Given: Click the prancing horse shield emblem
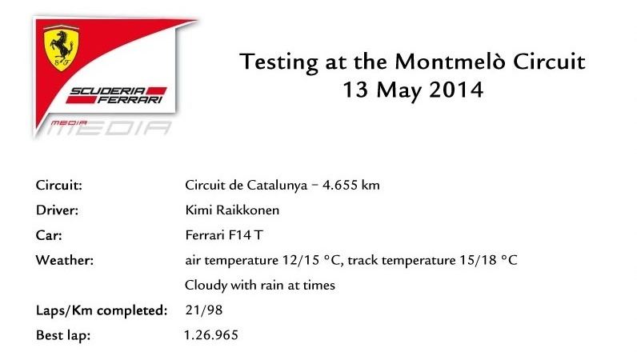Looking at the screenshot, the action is [61, 48].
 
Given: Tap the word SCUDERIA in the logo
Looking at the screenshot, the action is [108, 91].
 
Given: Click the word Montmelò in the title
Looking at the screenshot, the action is [450, 62].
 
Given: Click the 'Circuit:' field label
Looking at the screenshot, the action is [59, 186].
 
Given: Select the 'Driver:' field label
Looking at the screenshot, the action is [57, 210].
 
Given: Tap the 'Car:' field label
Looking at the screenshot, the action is [49, 235].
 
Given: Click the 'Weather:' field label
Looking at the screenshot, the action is [65, 260].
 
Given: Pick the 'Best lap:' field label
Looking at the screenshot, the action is [63, 336].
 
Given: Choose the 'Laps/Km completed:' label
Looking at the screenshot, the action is [102, 310].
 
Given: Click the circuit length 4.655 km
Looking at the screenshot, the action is [351, 186].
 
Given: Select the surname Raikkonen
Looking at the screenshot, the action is [247, 210].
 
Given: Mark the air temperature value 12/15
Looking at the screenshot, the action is [301, 260].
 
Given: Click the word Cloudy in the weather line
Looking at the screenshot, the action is [206, 286].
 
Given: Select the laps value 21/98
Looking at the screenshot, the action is [204, 310].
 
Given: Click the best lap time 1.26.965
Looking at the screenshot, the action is [211, 335].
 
